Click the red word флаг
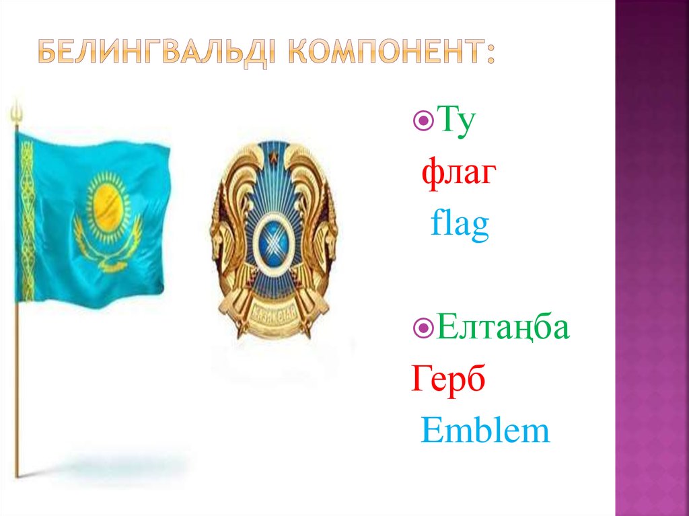pyautogui.click(x=460, y=174)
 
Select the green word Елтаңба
pyautogui.click(x=502, y=329)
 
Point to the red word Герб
pyautogui.click(x=448, y=381)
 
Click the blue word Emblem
pyautogui.click(x=485, y=431)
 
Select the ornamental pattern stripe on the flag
pyautogui.click(x=26, y=215)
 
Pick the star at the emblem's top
pyautogui.click(x=274, y=159)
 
